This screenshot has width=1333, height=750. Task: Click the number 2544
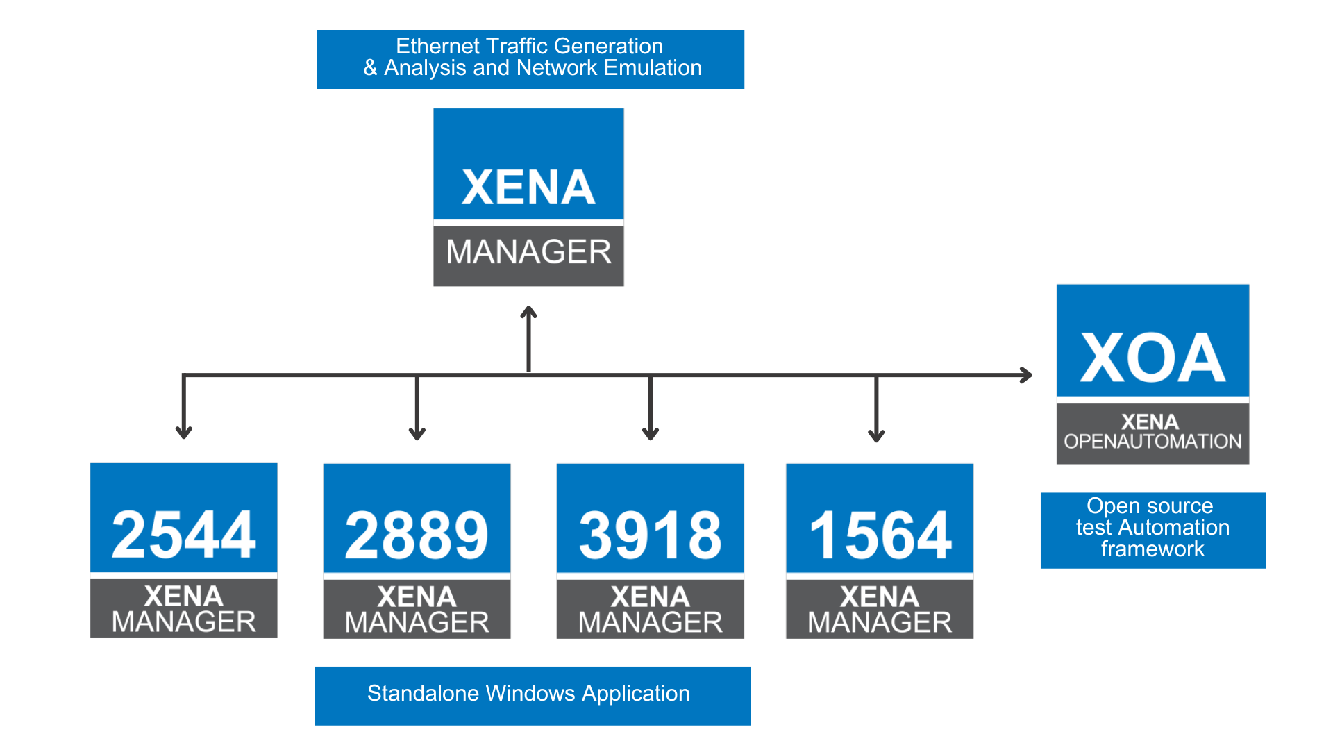coord(184,534)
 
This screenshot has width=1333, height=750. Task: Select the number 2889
coord(417,535)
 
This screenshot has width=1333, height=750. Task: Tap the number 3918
coord(651,535)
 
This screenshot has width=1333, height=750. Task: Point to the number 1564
coord(880,535)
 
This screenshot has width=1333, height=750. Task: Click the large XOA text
coord(1152,358)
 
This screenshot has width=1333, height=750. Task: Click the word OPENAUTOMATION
coord(1152,442)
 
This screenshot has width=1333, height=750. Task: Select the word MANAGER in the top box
coord(528,251)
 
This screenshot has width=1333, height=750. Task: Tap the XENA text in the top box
coord(528,187)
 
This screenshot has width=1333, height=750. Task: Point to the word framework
coord(1152,549)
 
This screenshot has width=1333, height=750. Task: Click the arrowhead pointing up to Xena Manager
coord(529,312)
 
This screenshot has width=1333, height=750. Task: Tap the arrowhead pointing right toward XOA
coord(1026,375)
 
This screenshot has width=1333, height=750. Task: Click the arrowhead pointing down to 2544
coord(183,433)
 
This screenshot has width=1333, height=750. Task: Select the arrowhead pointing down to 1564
coord(876,435)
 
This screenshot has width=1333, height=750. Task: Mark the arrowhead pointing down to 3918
coord(651,434)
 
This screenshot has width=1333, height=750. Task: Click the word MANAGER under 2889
coord(417,622)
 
